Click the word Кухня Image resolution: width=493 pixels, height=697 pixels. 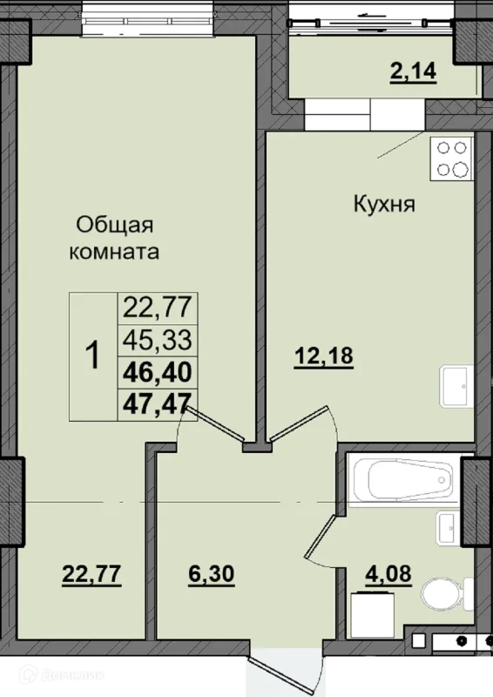coord(384,205)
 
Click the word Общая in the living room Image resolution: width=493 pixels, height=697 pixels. coord(115,226)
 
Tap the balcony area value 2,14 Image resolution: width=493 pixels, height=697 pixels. coord(413,71)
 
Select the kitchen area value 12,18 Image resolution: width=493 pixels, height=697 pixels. coord(324,356)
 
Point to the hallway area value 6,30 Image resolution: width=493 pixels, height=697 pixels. coord(211,574)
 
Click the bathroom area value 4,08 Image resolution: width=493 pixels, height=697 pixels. coord(388,574)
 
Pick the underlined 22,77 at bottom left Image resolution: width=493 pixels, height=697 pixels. coord(91,574)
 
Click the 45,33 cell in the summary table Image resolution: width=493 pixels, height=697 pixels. coord(158,341)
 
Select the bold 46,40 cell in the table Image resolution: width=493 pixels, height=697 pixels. coord(158,373)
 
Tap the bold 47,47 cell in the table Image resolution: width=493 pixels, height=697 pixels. coord(158,404)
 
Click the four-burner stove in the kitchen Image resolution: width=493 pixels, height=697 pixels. coord(451,159)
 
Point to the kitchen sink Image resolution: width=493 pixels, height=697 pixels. coord(456,387)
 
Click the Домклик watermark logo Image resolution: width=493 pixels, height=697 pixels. coord(62,674)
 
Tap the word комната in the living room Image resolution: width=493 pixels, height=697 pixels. coord(114,252)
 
